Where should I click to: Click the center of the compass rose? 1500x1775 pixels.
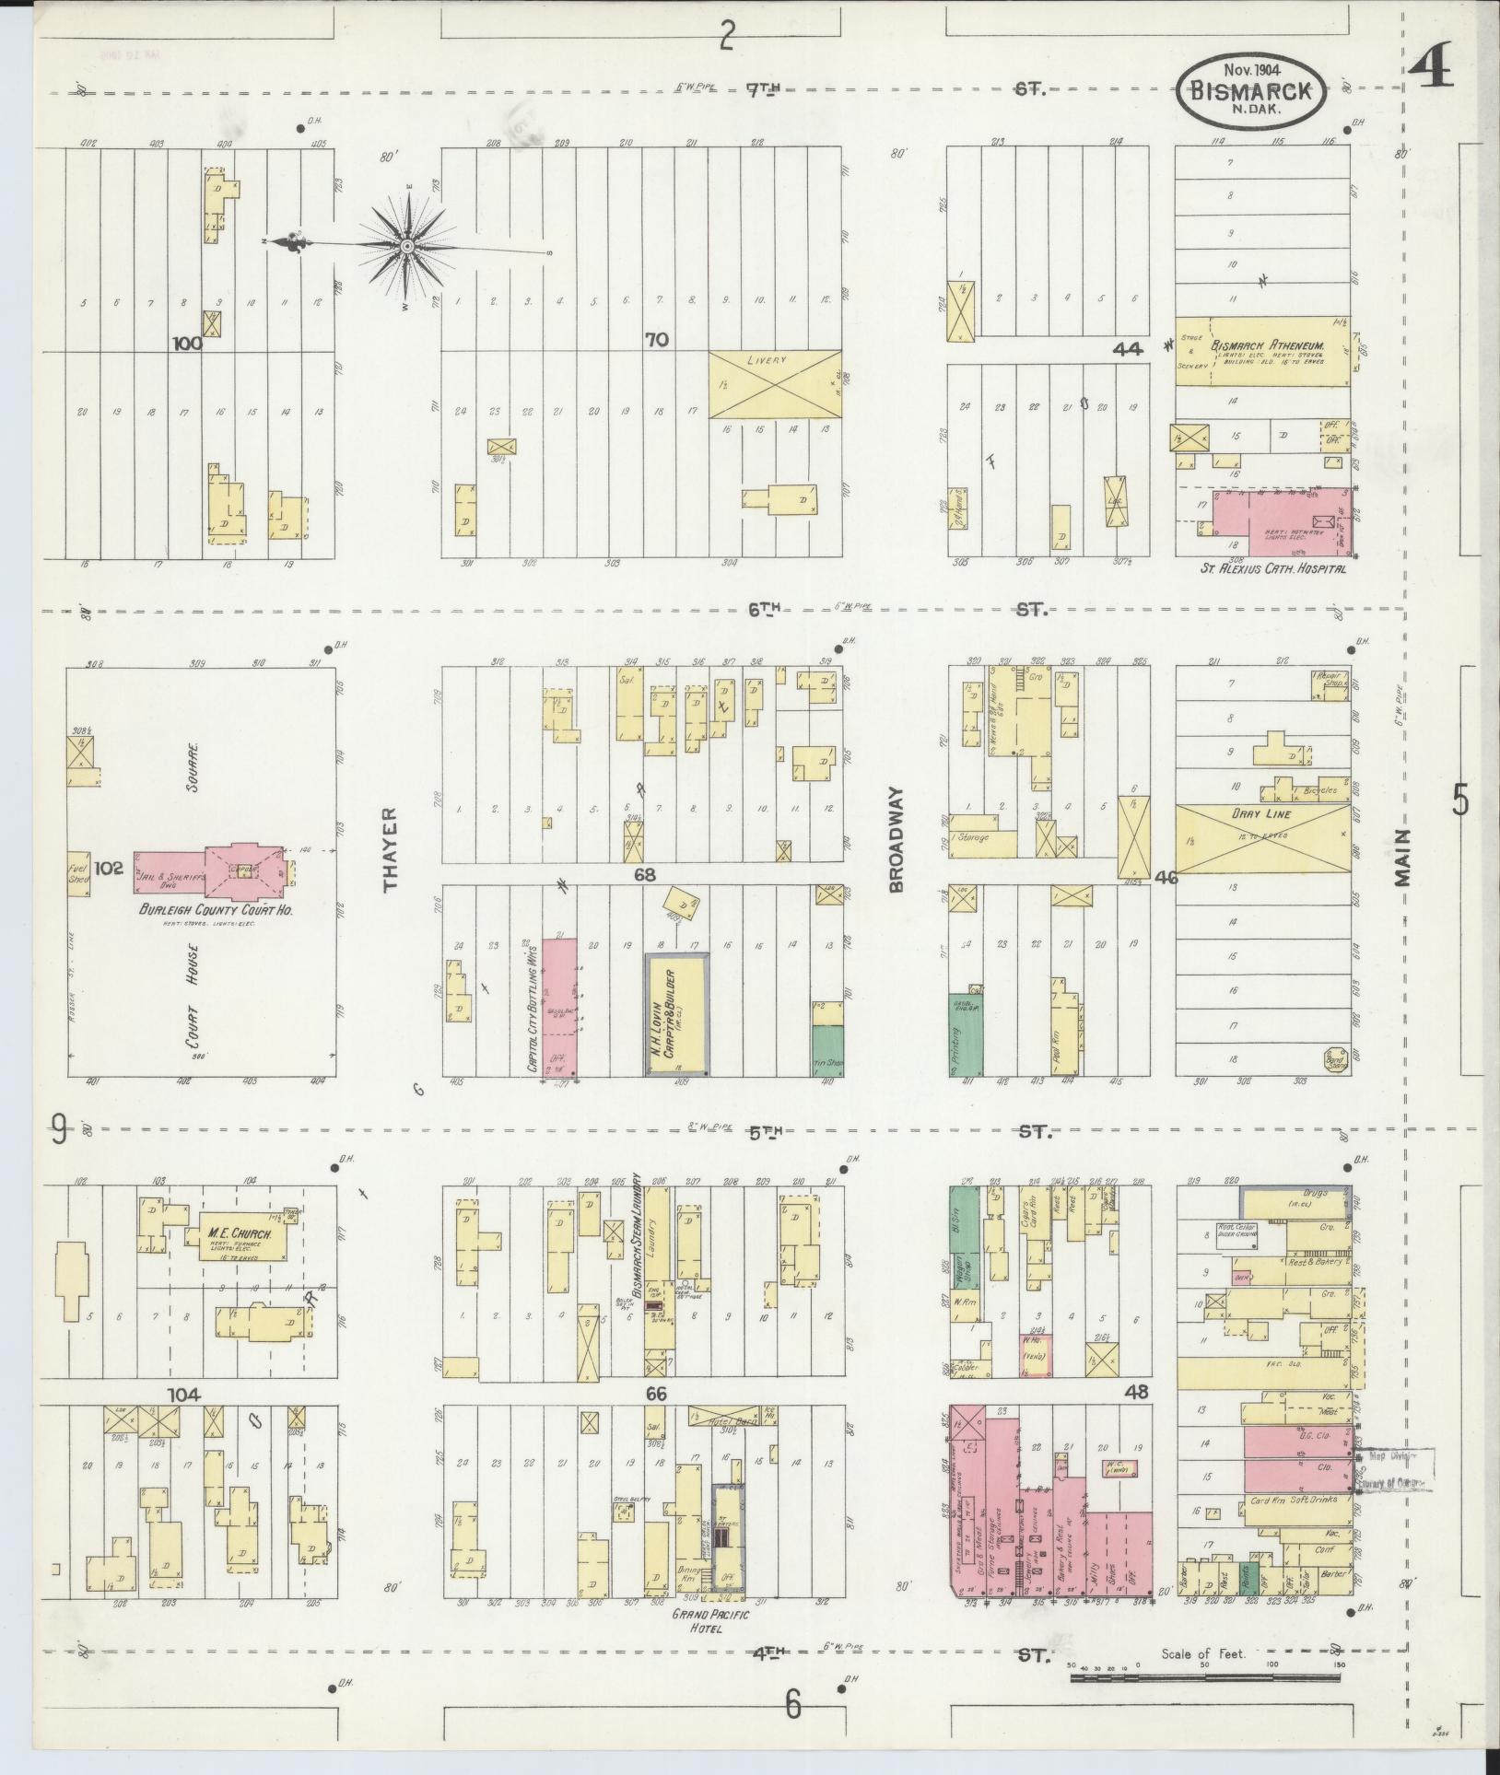[x=406, y=246]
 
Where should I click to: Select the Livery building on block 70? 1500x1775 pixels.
[x=774, y=383]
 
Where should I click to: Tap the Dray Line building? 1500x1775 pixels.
[x=1263, y=838]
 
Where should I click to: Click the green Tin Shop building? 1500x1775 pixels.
[x=827, y=1049]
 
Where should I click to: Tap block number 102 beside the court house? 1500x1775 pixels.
[x=109, y=867]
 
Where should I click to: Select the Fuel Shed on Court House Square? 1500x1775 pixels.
[x=78, y=874]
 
